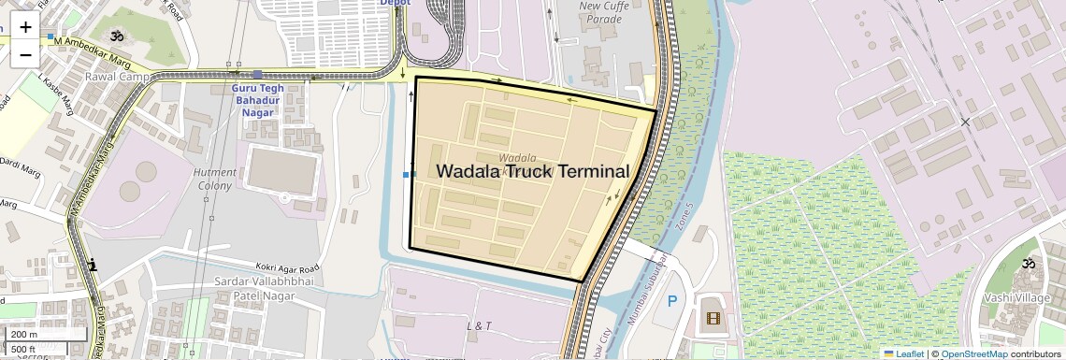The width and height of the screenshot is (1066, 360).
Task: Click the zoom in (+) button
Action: [x=25, y=27]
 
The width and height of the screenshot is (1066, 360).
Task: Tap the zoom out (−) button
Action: [x=25, y=54]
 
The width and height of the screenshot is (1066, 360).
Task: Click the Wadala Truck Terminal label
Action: [x=532, y=171]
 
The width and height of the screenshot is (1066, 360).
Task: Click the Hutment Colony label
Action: [x=213, y=179]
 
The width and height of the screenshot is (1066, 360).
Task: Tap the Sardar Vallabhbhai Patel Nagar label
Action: [x=242, y=288]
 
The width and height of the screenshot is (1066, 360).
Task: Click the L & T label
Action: [x=480, y=326]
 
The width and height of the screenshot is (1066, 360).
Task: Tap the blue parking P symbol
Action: [x=670, y=302]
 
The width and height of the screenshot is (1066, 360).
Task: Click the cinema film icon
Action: [x=713, y=319]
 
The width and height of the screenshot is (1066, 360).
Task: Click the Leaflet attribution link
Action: [x=903, y=353]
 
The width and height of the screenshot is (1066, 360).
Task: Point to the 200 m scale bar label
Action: [x=24, y=334]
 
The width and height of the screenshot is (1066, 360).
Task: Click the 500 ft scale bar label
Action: [x=24, y=349]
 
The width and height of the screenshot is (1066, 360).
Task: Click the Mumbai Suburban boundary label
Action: [x=644, y=289]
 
